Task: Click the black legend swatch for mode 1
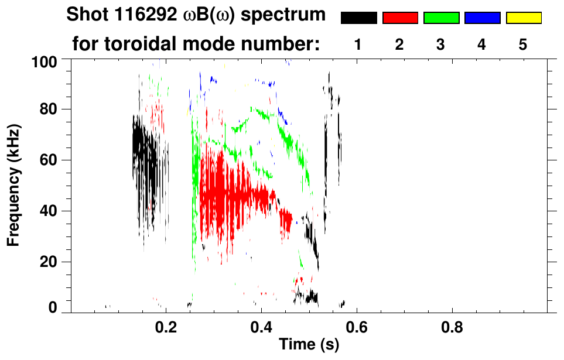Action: tap(358, 18)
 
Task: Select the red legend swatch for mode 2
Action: tap(400, 18)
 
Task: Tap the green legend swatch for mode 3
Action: tap(441, 18)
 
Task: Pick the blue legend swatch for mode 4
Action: tap(482, 18)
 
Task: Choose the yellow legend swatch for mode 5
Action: tap(523, 18)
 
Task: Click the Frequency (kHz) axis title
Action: tap(14, 184)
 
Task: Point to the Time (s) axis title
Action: tap(308, 345)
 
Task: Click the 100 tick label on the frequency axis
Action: tap(45, 60)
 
